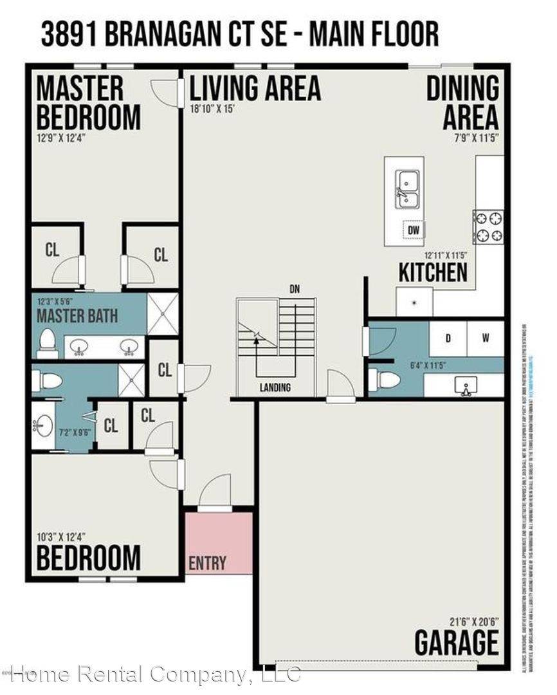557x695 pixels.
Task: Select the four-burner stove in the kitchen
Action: [488, 227]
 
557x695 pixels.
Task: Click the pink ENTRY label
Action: [207, 564]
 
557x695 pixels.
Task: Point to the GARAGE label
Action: [456, 643]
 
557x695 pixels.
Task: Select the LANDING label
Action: [275, 387]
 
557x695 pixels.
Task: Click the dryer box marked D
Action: [448, 337]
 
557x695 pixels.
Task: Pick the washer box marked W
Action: [486, 337]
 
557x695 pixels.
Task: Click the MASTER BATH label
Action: [77, 317]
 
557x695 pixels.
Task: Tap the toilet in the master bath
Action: [48, 344]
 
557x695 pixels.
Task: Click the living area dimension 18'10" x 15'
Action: [212, 109]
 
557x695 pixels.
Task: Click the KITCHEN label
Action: [433, 272]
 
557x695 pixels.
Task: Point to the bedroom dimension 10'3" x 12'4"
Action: [61, 536]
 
